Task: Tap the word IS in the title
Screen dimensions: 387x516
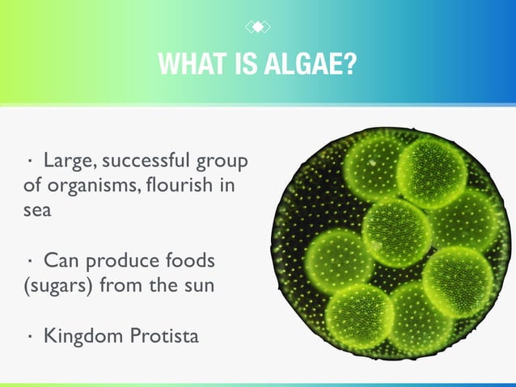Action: [x=243, y=64]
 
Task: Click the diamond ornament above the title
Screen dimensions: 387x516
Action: [x=257, y=27]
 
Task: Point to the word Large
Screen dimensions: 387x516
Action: [x=67, y=159]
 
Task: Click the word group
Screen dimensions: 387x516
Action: [x=224, y=161]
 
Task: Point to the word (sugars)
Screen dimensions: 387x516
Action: [x=55, y=286]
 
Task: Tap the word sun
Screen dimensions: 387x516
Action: [x=198, y=286]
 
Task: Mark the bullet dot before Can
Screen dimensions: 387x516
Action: [x=29, y=261]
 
